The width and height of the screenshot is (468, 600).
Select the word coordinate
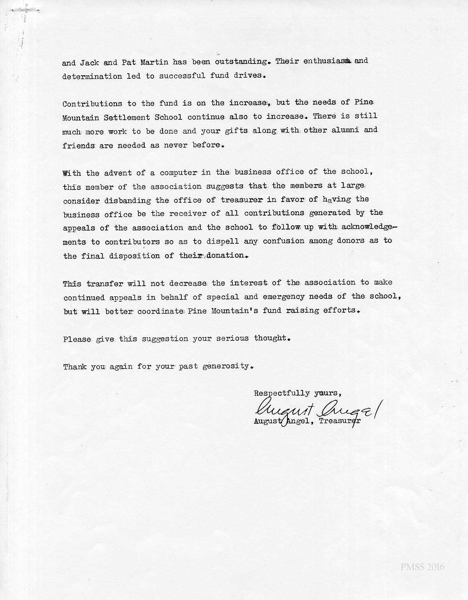160,312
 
